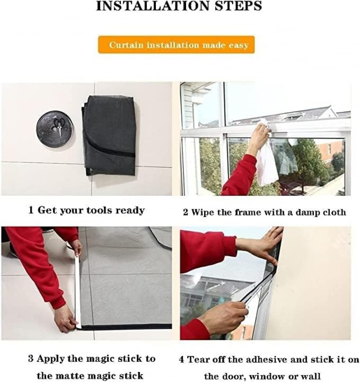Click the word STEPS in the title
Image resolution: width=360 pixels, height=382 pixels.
240,6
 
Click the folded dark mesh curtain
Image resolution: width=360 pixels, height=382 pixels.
110,135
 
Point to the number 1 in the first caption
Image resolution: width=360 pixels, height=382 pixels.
31,210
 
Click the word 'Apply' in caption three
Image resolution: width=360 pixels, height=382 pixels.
51,359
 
